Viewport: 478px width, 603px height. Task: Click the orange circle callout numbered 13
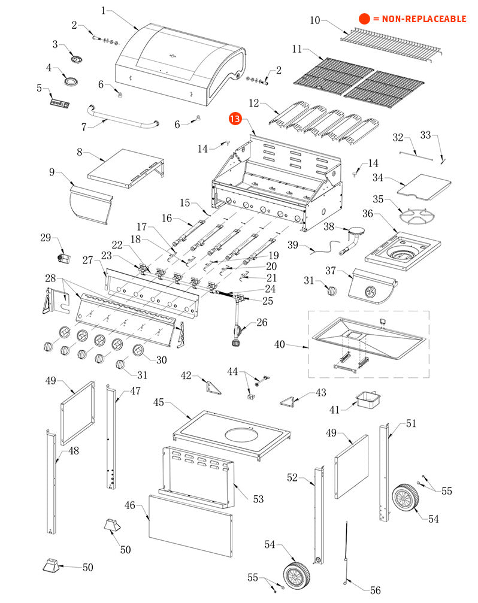point(234,120)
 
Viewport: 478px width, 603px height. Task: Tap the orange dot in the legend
point(364,19)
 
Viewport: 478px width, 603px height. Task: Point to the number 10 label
point(315,20)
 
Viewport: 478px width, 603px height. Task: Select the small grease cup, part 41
point(365,399)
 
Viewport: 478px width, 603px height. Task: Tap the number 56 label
point(375,590)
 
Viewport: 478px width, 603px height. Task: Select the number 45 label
point(159,402)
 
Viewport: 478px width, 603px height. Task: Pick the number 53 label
point(258,499)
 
